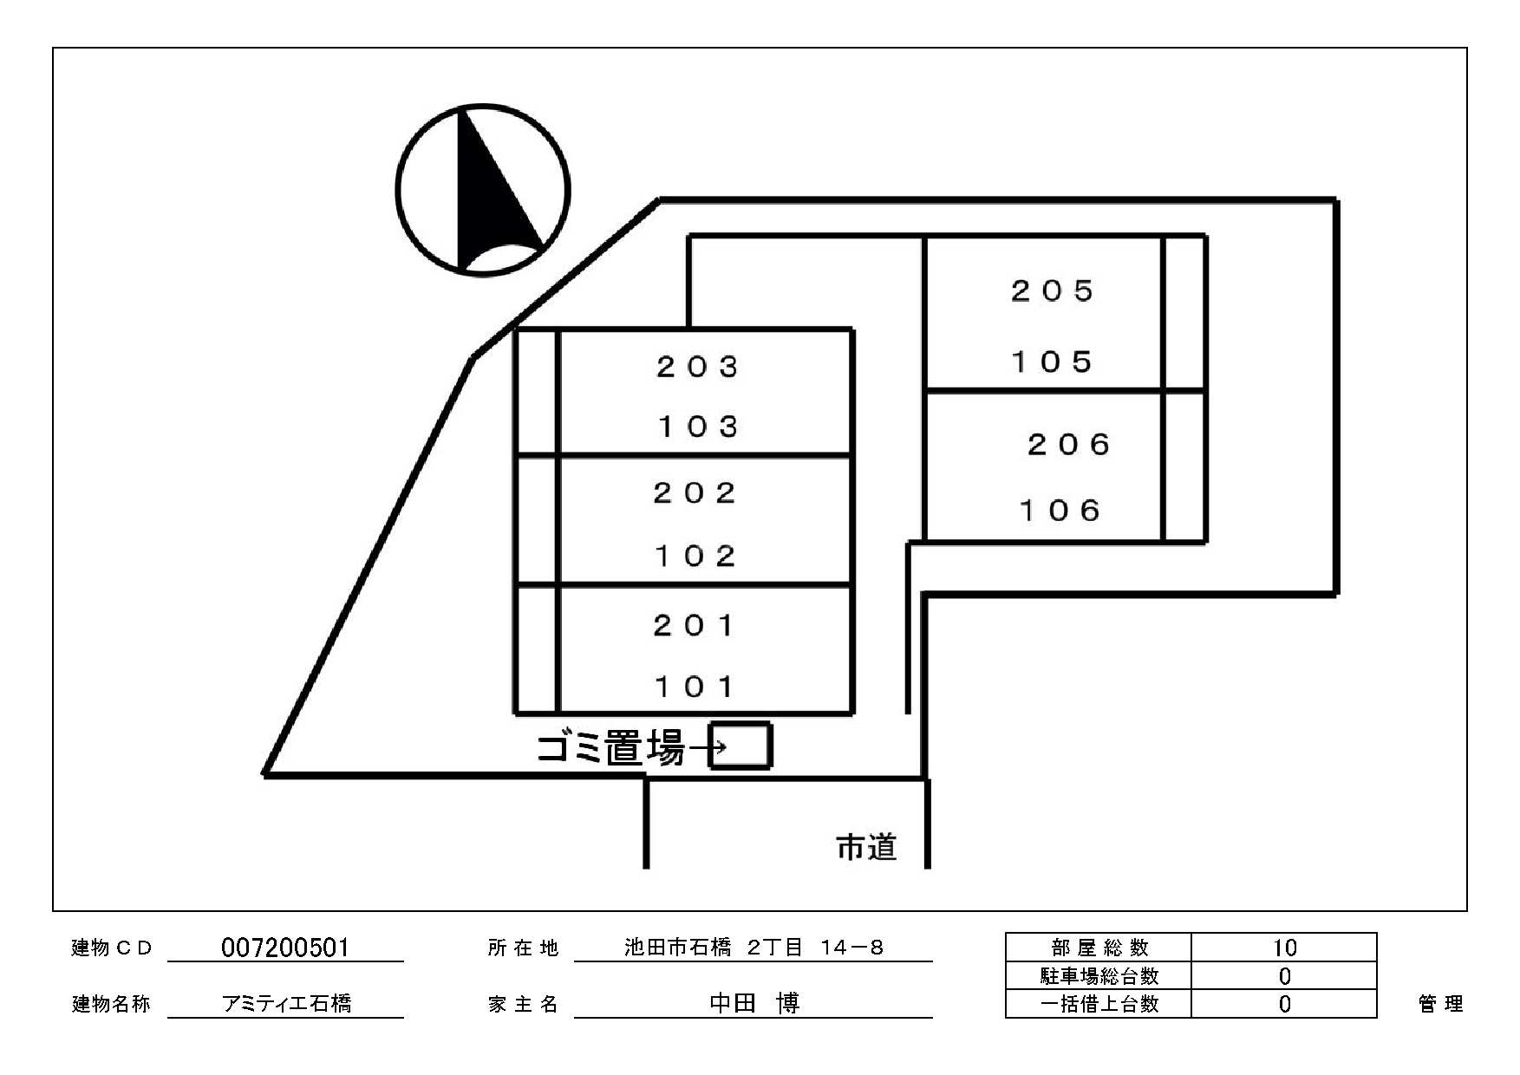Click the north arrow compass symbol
tap(483, 190)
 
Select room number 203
tap(697, 367)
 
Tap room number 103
tap(697, 427)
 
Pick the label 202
tap(695, 493)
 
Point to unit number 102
tap(695, 556)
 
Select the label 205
tap(1053, 290)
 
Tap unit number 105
tap(1053, 362)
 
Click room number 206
tap(1068, 445)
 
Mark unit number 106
tap(1060, 511)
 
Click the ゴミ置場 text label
tap(610, 747)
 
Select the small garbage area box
tap(740, 746)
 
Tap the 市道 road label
tap(865, 847)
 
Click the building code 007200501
tap(285, 948)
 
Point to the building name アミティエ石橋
tap(287, 1003)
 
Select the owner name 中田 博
tap(753, 1003)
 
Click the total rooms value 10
tap(1284, 948)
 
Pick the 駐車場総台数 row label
tap(1099, 976)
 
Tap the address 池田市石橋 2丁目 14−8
tap(753, 948)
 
